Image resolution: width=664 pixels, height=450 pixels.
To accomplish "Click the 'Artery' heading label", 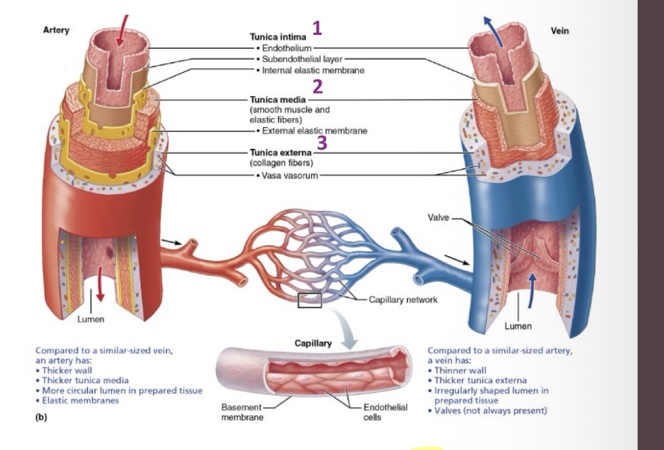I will pyautogui.click(x=55, y=30).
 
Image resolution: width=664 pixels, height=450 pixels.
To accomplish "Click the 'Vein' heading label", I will pyautogui.click(x=559, y=31).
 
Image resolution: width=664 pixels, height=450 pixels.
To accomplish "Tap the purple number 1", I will pyautogui.click(x=317, y=29).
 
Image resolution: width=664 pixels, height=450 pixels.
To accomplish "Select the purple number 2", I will pyautogui.click(x=317, y=86).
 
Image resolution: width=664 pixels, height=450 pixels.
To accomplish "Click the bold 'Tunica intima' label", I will pyautogui.click(x=277, y=36).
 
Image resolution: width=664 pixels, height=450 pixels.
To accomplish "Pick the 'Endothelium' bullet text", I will pyautogui.click(x=286, y=48).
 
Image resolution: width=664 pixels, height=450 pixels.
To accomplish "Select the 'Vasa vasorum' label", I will pyautogui.click(x=287, y=175).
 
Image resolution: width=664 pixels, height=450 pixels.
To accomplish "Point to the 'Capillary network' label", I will pyautogui.click(x=403, y=299).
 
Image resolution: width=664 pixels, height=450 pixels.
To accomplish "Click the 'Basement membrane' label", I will pyautogui.click(x=242, y=412).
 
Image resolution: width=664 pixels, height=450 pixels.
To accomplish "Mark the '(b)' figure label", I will pyautogui.click(x=42, y=417).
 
